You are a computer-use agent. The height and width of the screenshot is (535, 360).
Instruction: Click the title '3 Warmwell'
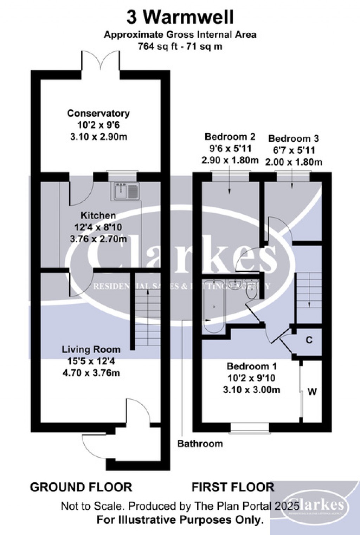180,18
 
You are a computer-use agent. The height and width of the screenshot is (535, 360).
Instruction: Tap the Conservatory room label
98,113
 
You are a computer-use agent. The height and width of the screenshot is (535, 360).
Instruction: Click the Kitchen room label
98,215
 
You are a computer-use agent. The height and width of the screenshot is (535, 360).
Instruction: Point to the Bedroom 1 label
252,366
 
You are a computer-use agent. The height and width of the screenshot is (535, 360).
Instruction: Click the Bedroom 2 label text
230,136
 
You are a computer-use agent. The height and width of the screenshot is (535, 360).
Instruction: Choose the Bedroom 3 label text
293,138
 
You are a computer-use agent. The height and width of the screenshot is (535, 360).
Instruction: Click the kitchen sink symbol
127,191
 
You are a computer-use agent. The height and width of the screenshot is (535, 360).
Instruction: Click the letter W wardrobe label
312,391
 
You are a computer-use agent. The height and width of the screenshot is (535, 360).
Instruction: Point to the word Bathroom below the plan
200,444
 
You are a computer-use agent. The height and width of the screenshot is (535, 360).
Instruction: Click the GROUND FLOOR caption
81,487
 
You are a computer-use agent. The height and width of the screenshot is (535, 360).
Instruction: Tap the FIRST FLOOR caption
233,487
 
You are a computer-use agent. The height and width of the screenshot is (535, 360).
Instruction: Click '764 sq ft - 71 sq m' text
180,46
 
